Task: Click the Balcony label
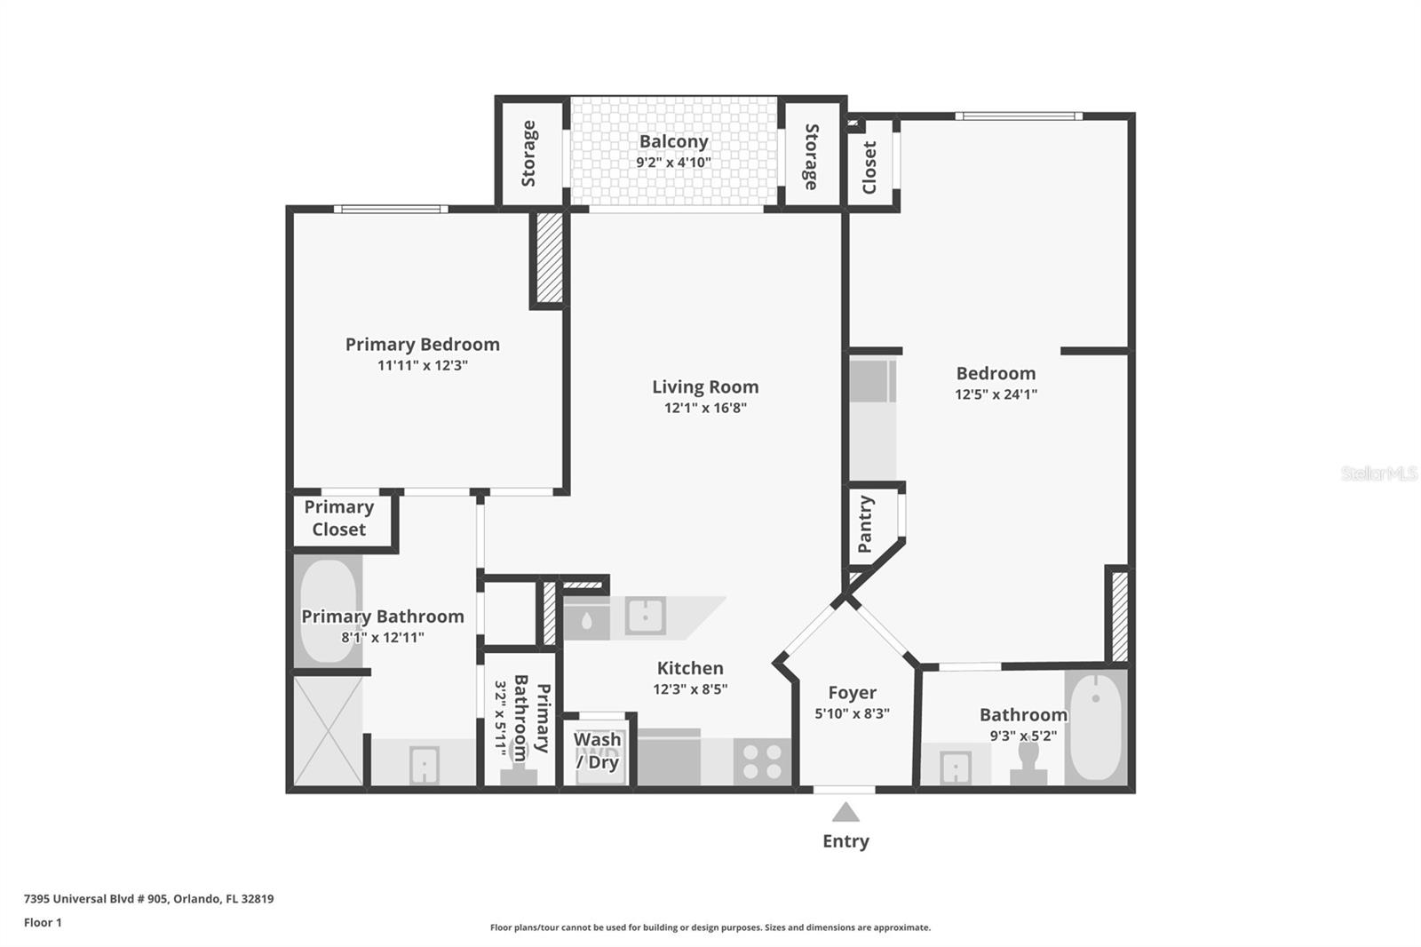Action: tap(673, 141)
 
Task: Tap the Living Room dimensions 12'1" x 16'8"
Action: tap(705, 408)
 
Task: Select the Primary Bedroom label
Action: tap(422, 344)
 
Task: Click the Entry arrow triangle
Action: tap(845, 812)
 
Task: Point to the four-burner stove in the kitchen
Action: tap(762, 762)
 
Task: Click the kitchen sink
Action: tap(645, 616)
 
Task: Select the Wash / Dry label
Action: tap(597, 751)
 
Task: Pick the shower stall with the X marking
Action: tap(328, 729)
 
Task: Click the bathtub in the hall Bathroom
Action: tap(1095, 727)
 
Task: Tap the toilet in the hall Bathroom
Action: tap(1028, 762)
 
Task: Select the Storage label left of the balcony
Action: tap(529, 153)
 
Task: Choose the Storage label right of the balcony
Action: tap(811, 156)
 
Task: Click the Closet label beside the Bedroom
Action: tap(869, 167)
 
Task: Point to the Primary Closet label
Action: tap(338, 518)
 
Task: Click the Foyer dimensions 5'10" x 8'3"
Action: tap(852, 713)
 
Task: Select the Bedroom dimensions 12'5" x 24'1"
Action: tap(996, 394)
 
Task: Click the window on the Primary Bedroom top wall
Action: tap(391, 210)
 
